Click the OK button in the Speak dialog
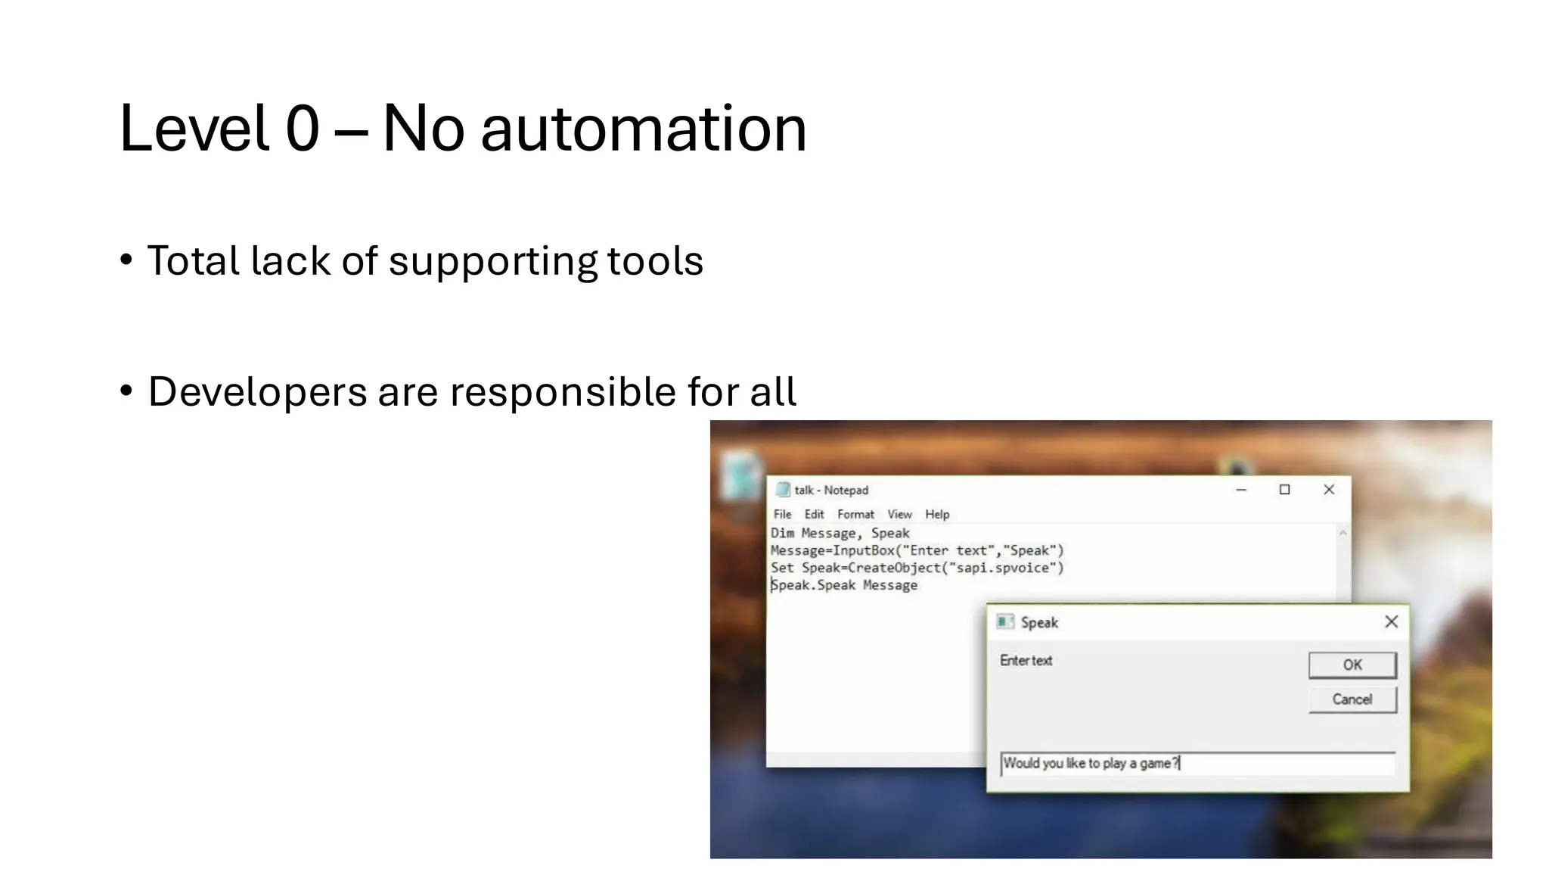(1352, 665)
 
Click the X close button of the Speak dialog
(1391, 622)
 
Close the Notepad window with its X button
(1329, 490)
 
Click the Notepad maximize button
(1284, 490)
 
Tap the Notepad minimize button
(1241, 490)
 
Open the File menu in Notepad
(782, 515)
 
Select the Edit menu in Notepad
(814, 515)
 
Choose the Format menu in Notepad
(855, 515)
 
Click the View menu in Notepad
(899, 515)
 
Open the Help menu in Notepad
(937, 515)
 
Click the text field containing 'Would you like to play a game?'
(1197, 764)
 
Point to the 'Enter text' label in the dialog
(1026, 661)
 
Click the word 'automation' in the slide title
(644, 129)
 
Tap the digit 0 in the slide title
(303, 129)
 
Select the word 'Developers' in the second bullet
(257, 392)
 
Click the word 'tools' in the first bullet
(655, 261)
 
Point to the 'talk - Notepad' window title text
(831, 490)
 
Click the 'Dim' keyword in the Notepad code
(782, 533)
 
